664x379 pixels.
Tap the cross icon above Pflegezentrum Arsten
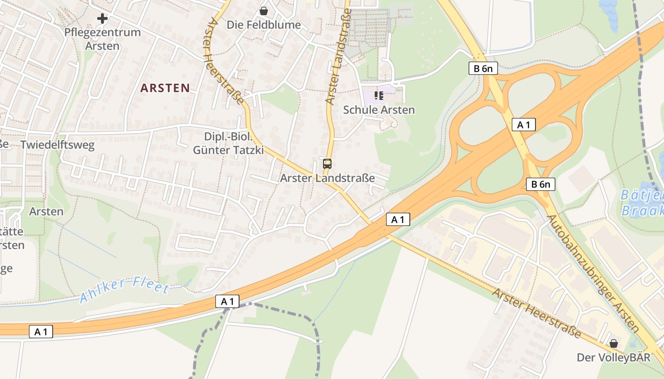coord(102,19)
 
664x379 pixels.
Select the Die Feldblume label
coord(264,25)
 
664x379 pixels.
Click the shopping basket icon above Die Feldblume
coord(264,10)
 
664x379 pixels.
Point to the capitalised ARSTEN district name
coord(165,88)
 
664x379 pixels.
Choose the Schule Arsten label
coord(379,110)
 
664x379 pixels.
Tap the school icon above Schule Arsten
coord(379,96)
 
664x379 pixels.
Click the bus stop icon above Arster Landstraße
coord(327,164)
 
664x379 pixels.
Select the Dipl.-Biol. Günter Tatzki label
coord(228,144)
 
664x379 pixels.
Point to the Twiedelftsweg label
coord(57,145)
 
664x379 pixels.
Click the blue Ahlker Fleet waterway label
coord(124,289)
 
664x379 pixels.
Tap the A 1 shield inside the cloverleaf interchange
coord(524,125)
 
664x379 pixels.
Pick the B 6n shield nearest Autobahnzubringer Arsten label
coord(541,184)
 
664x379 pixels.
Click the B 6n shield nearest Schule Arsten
coord(483,68)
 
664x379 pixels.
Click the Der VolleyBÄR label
coord(614,357)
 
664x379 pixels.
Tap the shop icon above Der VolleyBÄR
coord(614,343)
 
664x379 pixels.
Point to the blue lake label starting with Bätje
coord(642,202)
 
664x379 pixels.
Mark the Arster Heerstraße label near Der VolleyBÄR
coord(536,313)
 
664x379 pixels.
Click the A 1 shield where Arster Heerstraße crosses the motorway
coord(397,219)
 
